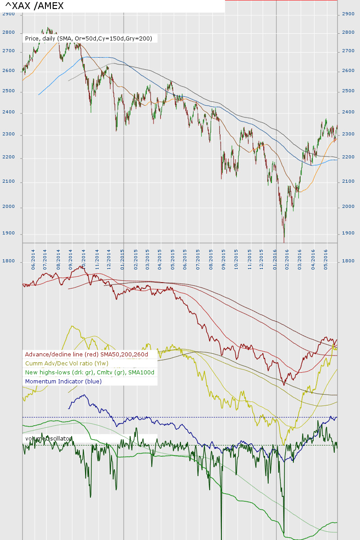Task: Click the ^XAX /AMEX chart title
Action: [34, 6]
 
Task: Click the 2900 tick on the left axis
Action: [9, 14]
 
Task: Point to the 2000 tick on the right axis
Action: [348, 207]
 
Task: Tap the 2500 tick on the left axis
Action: [9, 91]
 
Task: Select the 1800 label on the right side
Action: [348, 261]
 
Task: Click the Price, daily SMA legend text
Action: [89, 39]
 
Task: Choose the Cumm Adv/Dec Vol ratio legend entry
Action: [67, 364]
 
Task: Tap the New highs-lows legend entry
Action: [90, 373]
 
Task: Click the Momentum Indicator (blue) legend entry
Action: [63, 382]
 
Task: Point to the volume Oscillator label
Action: [47, 438]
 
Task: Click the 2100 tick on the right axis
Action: [348, 181]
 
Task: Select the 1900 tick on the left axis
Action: [9, 233]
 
